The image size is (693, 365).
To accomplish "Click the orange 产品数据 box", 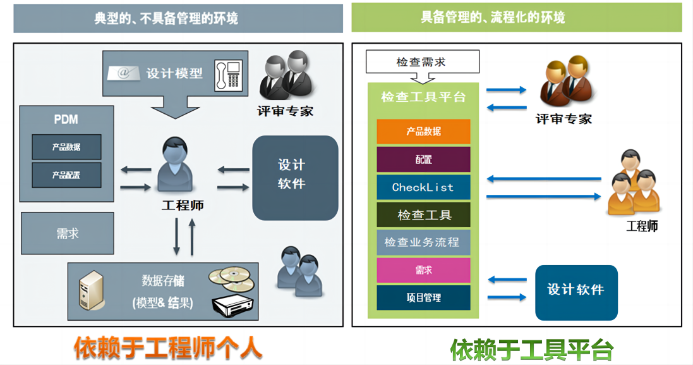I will (423, 132).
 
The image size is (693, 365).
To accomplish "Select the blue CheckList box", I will (423, 187).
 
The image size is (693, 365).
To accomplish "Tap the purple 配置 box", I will (423, 159).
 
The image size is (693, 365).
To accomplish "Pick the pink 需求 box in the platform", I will (423, 270).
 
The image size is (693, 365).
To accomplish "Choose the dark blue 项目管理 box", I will (423, 298).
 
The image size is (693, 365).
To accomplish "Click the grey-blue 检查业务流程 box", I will (423, 242).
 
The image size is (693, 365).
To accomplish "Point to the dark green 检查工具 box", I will (423, 215).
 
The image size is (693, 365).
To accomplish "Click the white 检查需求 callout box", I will (422, 62).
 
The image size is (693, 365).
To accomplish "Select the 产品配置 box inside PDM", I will (66, 175).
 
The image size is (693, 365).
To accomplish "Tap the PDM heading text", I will (66, 120).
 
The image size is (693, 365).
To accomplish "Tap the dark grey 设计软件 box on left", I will (294, 178).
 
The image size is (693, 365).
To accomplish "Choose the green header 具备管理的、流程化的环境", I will (516, 17).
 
